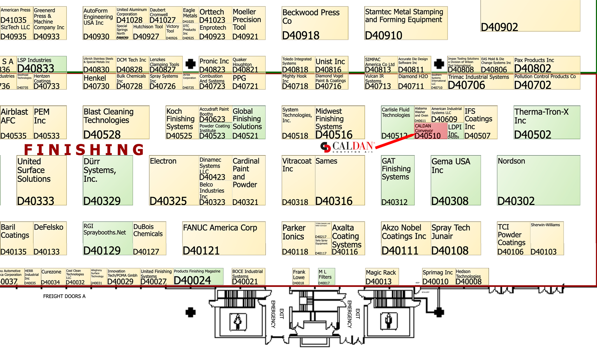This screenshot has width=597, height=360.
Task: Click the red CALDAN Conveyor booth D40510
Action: [x=430, y=131]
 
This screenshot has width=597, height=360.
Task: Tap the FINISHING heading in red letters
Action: [x=84, y=150]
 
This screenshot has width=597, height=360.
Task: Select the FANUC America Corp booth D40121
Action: [x=224, y=238]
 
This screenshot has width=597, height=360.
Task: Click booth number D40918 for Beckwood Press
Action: [x=301, y=35]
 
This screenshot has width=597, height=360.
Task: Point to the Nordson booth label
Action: [x=511, y=161]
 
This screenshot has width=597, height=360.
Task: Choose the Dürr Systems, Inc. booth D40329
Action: [x=108, y=180]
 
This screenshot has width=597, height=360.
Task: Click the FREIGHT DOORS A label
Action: [x=64, y=296]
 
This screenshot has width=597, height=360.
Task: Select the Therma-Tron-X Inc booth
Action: [x=547, y=122]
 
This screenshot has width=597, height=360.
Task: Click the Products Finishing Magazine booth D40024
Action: [x=198, y=276]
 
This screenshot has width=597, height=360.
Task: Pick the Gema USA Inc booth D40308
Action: [x=456, y=180]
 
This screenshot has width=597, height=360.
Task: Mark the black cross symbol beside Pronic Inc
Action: [x=190, y=64]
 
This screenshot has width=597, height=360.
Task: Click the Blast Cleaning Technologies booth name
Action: [x=108, y=116]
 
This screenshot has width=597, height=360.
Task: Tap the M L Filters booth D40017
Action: [x=326, y=276]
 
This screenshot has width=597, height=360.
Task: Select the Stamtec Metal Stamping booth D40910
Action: [x=406, y=23]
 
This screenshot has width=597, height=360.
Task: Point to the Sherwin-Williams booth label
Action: [x=545, y=225]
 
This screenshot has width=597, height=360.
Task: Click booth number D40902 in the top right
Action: [x=499, y=27]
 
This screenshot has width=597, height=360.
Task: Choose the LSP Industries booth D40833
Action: [x=41, y=64]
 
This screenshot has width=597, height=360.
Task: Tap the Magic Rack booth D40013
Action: [x=382, y=276]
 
